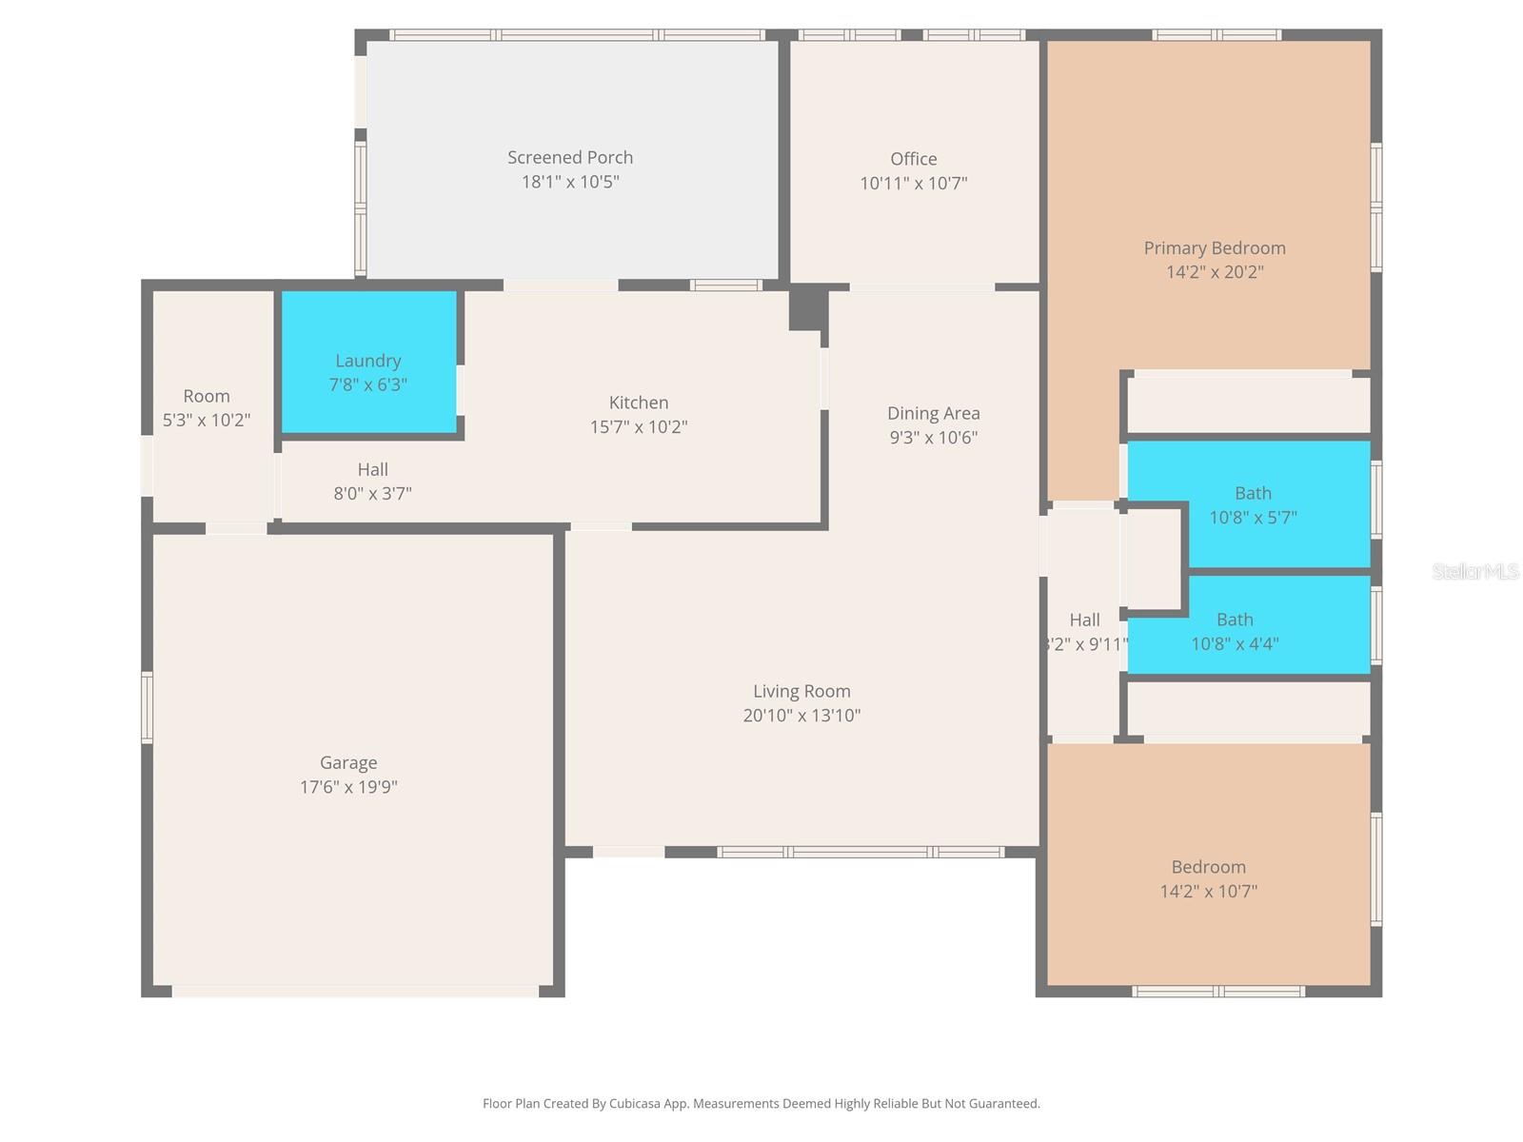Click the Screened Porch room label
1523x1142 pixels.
[569, 158]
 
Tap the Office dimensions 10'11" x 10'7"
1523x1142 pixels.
[913, 184]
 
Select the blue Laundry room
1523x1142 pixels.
[368, 363]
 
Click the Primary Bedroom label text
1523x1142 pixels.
[1214, 248]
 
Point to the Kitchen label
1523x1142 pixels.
[638, 403]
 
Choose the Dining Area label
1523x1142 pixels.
[933, 413]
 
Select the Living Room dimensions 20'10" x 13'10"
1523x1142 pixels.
[801, 716]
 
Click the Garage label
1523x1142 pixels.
[348, 762]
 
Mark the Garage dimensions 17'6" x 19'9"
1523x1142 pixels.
[348, 787]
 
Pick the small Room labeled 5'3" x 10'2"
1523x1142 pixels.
[207, 407]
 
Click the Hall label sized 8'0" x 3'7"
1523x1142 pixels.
[372, 469]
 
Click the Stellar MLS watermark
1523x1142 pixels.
[1474, 571]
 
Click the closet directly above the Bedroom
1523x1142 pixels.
[1248, 708]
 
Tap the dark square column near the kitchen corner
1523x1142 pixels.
[806, 308]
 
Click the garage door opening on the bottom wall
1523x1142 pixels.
[355, 991]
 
